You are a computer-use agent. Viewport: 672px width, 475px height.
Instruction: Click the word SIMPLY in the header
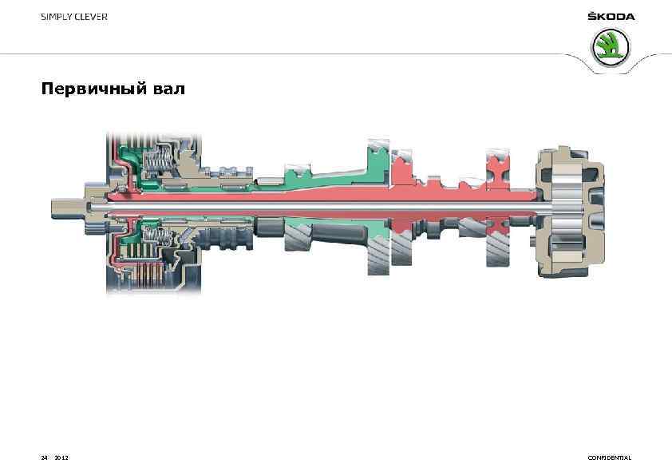56,17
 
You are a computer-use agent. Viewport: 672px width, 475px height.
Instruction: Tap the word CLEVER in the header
90,17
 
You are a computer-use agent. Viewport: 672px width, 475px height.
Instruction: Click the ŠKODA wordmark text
611,17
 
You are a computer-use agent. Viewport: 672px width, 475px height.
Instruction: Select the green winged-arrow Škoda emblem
611,49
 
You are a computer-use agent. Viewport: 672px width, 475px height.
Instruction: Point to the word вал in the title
168,89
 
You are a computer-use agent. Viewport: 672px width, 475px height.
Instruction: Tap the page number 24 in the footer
45,457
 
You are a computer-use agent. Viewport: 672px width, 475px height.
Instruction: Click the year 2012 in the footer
61,457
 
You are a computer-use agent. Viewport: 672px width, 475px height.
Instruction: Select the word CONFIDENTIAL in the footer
609,457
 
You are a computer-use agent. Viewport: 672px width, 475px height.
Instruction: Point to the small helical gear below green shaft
298,237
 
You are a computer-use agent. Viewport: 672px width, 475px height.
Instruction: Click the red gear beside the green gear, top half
401,166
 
